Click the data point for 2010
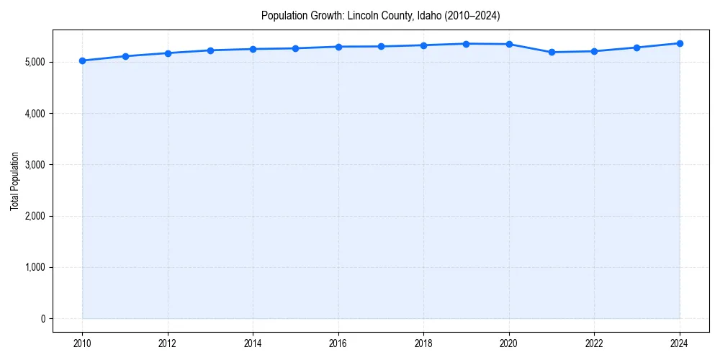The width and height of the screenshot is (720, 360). tap(82, 60)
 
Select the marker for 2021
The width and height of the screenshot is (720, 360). tap(552, 52)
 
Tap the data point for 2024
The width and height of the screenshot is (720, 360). tap(680, 43)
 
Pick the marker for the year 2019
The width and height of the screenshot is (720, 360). tap(467, 44)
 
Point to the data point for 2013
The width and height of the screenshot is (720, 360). tap(210, 50)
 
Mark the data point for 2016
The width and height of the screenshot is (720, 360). tap(338, 47)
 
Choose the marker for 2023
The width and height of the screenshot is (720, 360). tap(637, 48)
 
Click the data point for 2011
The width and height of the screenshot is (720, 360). tap(125, 56)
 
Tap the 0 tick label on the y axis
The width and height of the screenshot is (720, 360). tap(42, 319)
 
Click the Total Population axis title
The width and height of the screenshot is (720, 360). tap(14, 181)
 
